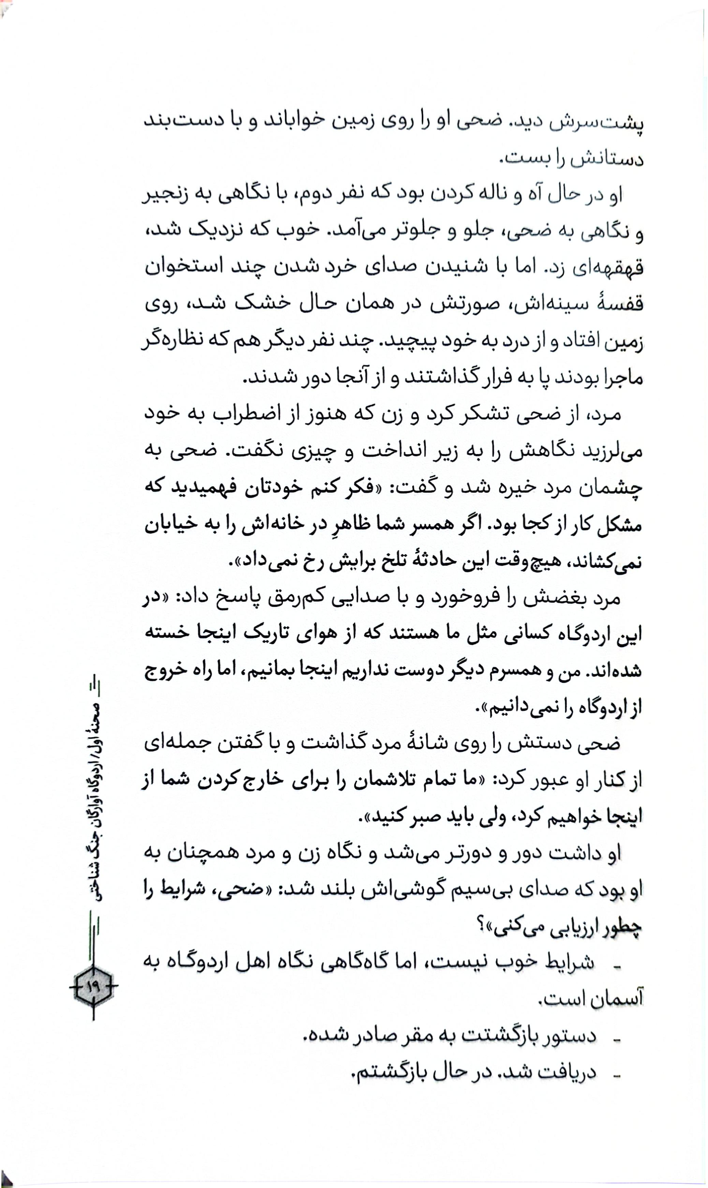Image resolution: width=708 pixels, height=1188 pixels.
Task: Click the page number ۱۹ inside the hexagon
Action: (x=92, y=986)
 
